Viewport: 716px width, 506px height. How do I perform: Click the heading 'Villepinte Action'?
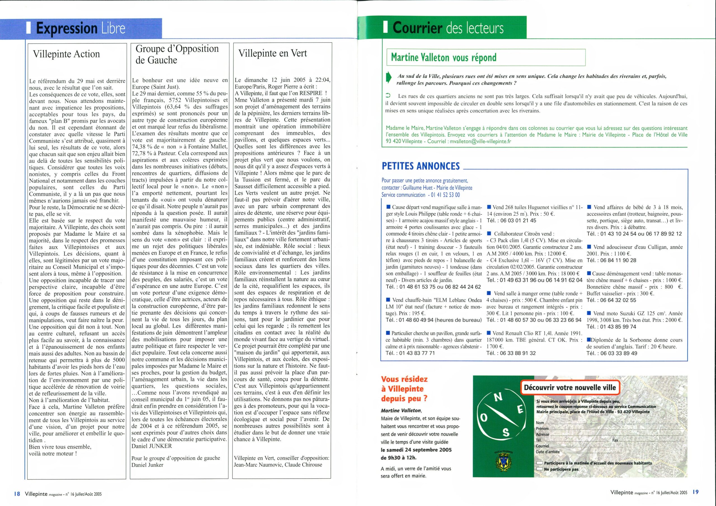click(66, 54)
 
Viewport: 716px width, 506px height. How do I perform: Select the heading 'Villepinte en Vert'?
click(272, 53)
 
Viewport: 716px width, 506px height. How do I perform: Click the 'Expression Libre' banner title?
click(81, 28)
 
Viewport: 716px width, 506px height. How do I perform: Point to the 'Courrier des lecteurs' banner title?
click(448, 28)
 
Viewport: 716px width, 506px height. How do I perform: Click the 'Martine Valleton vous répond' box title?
click(444, 57)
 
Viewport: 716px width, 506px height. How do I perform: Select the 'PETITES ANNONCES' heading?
click(421, 166)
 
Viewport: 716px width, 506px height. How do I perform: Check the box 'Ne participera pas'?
click(539, 469)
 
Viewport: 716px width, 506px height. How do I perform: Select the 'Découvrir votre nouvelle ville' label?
click(570, 387)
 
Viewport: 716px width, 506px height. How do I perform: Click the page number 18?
click(17, 493)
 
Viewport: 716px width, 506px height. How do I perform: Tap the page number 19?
click(695, 492)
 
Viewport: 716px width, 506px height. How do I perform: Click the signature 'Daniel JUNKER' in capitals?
click(152, 446)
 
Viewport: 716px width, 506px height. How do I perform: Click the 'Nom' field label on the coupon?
click(540, 423)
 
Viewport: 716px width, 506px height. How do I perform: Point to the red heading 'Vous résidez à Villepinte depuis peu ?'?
click(404, 389)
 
